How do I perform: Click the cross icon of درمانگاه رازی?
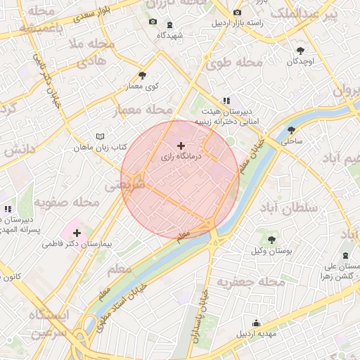coord(181,145)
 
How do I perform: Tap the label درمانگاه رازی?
coord(181,157)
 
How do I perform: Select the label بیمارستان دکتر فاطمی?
coord(77,244)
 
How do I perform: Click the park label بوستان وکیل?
coord(271,251)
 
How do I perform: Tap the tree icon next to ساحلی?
coord(291,130)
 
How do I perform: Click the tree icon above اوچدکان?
coord(301,50)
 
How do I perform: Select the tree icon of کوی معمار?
coord(143,75)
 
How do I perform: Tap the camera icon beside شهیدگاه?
coord(153,22)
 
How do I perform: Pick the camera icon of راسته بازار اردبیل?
coord(236,13)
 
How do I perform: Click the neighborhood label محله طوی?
coord(233,64)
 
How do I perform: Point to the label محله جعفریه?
coord(250,283)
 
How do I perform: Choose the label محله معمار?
coord(143,110)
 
